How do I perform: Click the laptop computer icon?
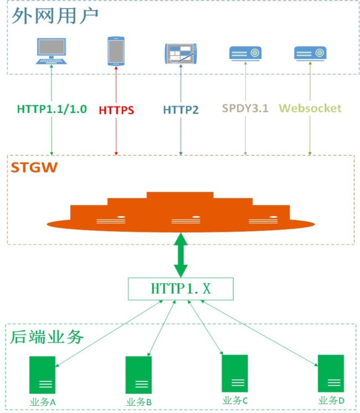(x=52, y=51)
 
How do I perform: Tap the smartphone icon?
(x=116, y=51)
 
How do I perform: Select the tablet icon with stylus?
(x=181, y=54)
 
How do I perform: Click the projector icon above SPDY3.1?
(x=245, y=53)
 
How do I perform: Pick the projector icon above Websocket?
(x=310, y=53)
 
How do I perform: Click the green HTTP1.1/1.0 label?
(x=52, y=109)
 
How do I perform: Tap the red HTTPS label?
(x=116, y=110)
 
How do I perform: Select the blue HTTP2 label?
(x=181, y=110)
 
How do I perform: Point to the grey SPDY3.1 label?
(x=245, y=108)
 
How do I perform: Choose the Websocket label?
(x=310, y=108)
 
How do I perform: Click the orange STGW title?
(x=34, y=167)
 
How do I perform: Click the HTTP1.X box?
(x=181, y=289)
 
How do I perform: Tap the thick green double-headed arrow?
(x=181, y=255)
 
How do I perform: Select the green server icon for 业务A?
(x=42, y=375)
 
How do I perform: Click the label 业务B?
(x=139, y=402)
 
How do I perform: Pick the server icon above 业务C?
(x=235, y=373)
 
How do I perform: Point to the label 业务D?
(x=331, y=401)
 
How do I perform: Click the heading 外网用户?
(x=55, y=16)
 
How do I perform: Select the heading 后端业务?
(x=47, y=337)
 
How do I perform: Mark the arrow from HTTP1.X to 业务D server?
(x=259, y=333)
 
